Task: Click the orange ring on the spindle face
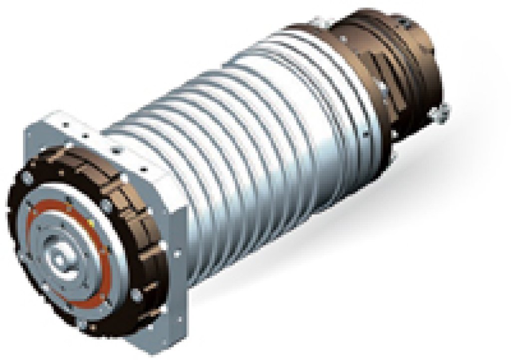coord(39,234)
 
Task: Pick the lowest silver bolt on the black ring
coord(93,326)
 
